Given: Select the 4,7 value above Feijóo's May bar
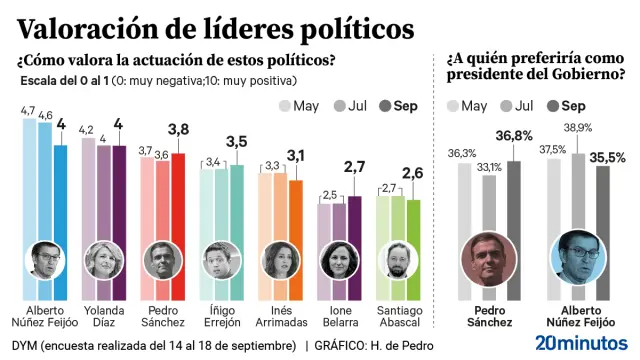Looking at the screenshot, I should click(x=30, y=111).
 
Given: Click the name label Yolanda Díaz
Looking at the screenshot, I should click(x=104, y=315).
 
